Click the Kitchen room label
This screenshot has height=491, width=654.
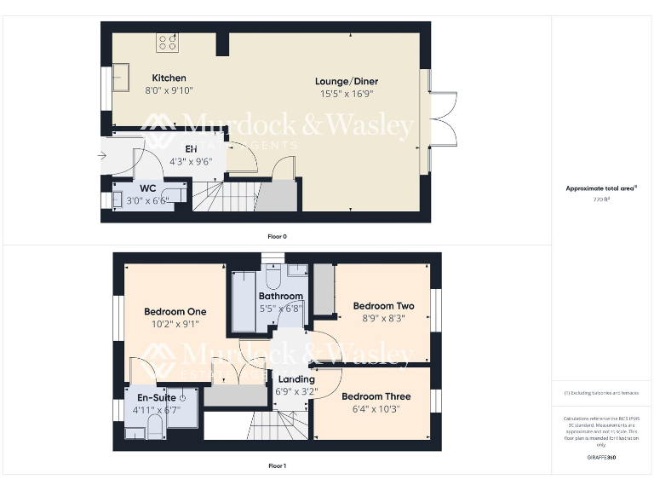pos(169,78)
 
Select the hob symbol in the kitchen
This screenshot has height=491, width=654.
pos(167,42)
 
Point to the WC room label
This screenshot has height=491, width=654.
pos(147,188)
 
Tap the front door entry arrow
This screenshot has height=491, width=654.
pos(102,155)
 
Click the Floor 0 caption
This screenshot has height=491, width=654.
pos(277,236)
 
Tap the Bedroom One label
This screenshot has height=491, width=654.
pos(176,312)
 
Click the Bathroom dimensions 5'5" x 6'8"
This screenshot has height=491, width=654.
pos(280,309)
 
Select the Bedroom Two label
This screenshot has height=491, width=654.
pos(383,306)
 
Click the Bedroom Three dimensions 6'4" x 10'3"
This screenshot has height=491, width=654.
pos(376,409)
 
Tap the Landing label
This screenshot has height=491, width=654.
pos(296,379)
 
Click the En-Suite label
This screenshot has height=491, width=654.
pos(152,398)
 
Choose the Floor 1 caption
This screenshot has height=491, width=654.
pos(277,466)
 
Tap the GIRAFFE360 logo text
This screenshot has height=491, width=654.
pos(601,458)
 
